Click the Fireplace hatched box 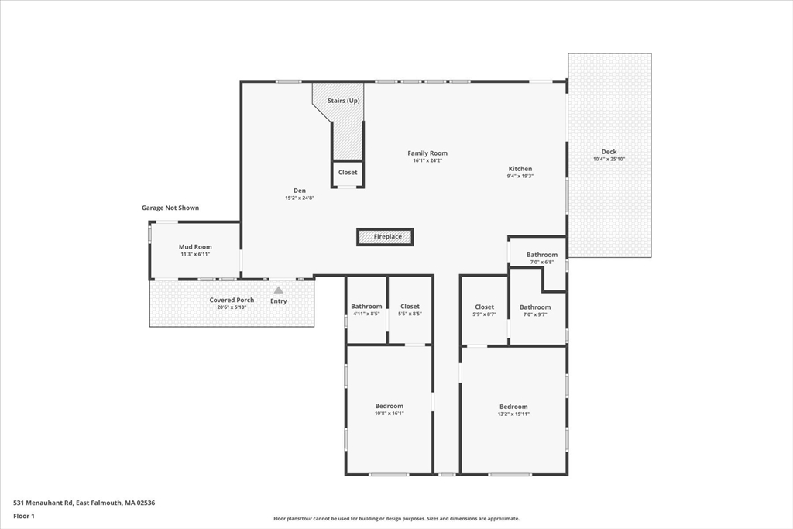point(386,237)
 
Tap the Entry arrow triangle point(278,290)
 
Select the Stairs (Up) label point(343,101)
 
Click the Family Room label point(427,153)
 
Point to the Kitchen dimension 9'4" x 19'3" point(520,177)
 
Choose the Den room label point(300,191)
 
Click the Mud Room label point(195,247)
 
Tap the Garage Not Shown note point(170,208)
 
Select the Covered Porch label point(232,300)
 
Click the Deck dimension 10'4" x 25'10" point(609,160)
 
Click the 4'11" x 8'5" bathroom point(366,310)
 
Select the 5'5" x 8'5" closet point(410,310)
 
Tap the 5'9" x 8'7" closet point(485,311)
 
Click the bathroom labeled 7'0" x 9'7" point(535,311)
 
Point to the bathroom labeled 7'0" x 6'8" point(541,258)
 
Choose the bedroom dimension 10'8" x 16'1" point(390,414)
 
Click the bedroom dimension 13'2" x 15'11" point(513,414)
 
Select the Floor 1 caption point(24,517)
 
